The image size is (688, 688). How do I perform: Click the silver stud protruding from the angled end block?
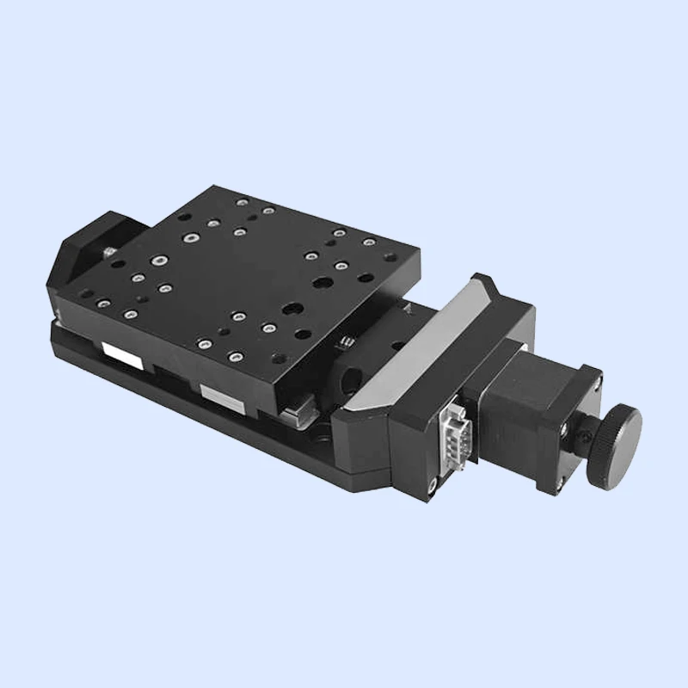pyautogui.click(x=107, y=250)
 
